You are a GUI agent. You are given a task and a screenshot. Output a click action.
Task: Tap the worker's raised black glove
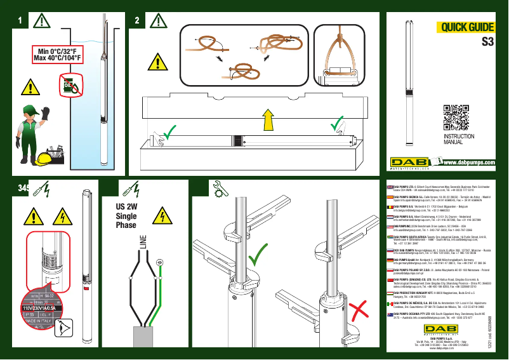46,113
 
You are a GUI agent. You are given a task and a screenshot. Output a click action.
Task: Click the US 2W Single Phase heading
126,216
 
